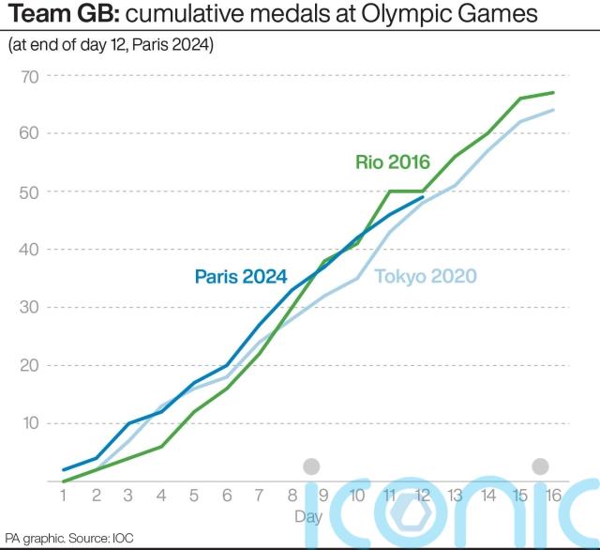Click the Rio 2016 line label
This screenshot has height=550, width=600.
[x=392, y=162]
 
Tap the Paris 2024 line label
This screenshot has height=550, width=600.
[x=240, y=276]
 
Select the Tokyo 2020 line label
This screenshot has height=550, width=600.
[x=426, y=276]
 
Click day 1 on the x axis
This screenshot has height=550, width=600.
[x=62, y=496]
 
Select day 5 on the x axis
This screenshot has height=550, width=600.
[x=193, y=496]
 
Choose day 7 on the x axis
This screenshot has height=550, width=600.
[x=259, y=496]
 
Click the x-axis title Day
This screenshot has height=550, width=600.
[x=308, y=516]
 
